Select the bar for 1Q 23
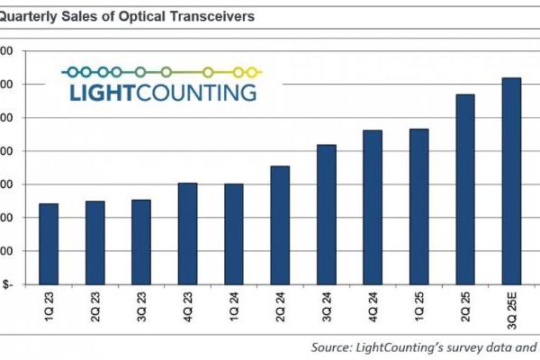tap(49, 243)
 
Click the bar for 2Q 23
tap(94, 242)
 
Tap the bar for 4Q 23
tap(187, 233)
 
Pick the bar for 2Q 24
tap(280, 225)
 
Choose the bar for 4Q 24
tap(373, 207)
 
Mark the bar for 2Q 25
tap(465, 189)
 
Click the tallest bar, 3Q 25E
tap(511, 180)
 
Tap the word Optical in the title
tap(129, 16)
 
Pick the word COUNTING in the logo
tap(198, 92)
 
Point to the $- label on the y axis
tap(7, 284)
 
